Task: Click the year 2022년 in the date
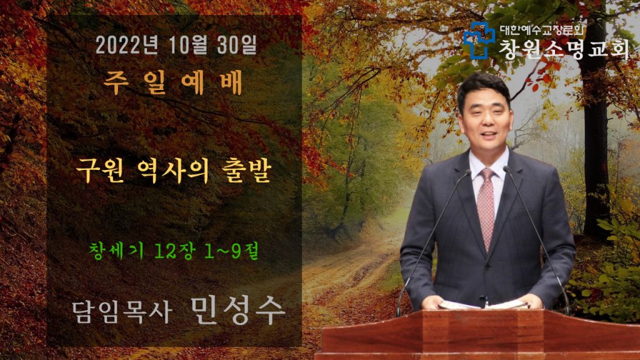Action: (127, 45)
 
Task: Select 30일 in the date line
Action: (237, 45)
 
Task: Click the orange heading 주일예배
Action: (173, 82)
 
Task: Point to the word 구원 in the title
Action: (100, 171)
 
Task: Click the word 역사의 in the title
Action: (174, 171)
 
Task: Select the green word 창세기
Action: (116, 250)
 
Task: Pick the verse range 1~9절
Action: (231, 250)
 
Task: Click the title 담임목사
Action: (122, 312)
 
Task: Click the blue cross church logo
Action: (479, 40)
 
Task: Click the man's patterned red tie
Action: (486, 207)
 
